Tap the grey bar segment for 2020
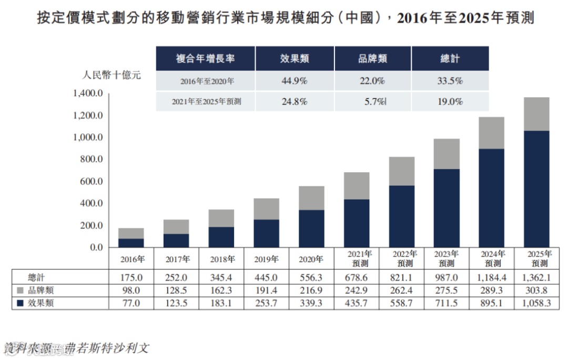(x=311, y=198)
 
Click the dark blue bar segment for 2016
(x=131, y=243)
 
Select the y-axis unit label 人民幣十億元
(x=112, y=75)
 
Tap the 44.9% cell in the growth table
(x=295, y=82)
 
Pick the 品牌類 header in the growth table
(x=372, y=58)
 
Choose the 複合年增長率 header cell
(x=205, y=58)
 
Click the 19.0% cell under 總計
(x=450, y=102)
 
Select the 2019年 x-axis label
(x=266, y=259)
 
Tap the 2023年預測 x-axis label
(x=447, y=258)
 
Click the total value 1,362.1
(x=536, y=277)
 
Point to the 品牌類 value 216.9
(x=311, y=290)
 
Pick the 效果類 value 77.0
(x=131, y=303)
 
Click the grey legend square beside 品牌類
(x=20, y=290)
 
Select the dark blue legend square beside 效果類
(x=20, y=303)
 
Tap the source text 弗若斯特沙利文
(x=108, y=348)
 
